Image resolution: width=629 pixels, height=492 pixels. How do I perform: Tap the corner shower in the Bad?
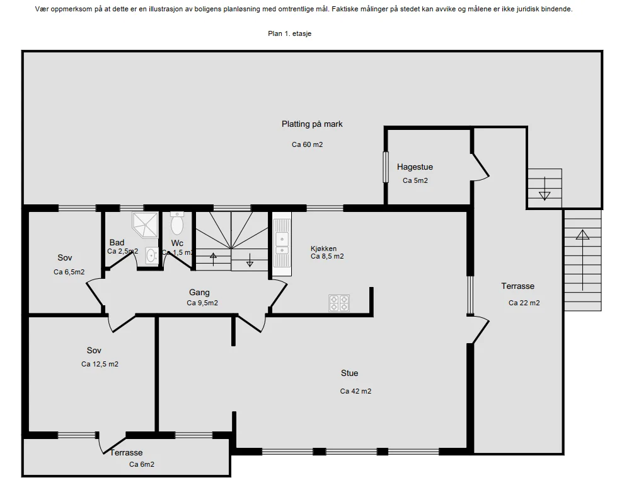pos(145,225)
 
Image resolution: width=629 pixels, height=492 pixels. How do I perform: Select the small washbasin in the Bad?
pos(152,255)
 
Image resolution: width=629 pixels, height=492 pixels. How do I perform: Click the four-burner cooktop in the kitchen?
pos(339,303)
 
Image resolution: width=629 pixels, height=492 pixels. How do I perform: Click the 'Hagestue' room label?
pos(415,167)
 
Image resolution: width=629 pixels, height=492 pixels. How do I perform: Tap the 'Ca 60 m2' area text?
pos(308,144)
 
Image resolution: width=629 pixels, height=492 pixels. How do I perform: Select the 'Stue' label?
pos(349,373)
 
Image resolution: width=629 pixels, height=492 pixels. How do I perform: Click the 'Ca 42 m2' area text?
pos(355,391)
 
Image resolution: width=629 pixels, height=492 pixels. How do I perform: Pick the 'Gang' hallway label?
pos(199,293)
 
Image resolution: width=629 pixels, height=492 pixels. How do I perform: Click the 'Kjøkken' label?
pos(323,249)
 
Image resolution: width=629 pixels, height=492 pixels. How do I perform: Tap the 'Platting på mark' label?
pos(312,124)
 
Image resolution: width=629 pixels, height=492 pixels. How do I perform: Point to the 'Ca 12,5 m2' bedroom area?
pos(100,365)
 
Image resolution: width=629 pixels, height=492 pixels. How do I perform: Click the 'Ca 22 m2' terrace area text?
pos(524,303)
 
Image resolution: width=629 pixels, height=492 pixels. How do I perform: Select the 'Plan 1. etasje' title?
pos(290,33)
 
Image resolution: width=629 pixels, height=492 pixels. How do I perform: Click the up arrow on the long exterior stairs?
pos(582,260)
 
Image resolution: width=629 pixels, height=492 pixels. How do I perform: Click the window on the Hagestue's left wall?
pos(386,167)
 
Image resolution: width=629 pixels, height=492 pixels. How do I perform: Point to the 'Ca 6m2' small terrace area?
pos(142,464)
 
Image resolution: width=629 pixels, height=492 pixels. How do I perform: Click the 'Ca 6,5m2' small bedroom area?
pos(69,272)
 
